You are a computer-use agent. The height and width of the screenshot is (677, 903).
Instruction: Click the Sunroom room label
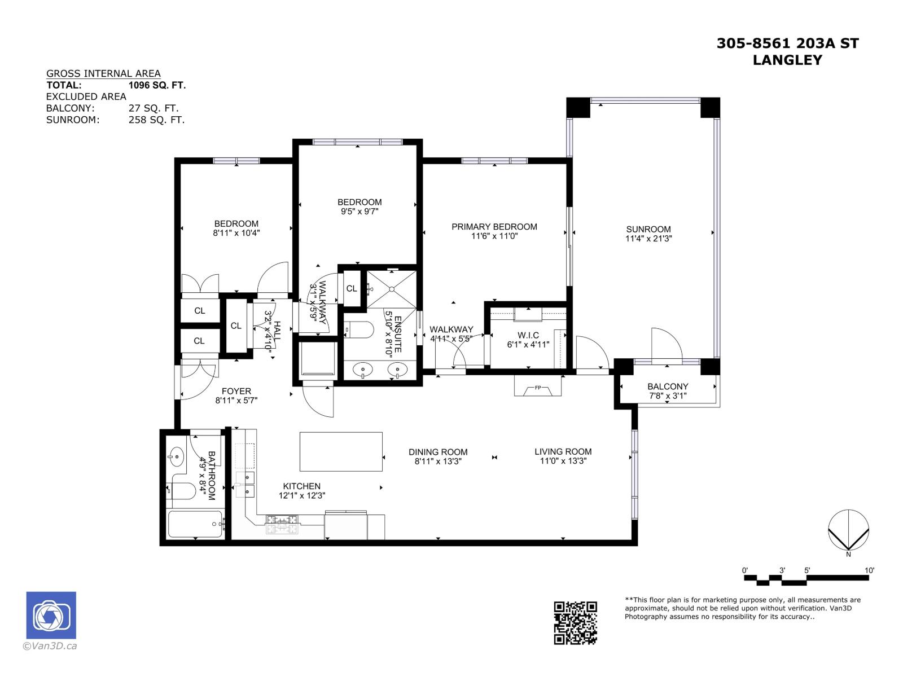(648, 229)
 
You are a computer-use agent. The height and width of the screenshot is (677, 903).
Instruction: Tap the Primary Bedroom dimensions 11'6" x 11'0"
(494, 236)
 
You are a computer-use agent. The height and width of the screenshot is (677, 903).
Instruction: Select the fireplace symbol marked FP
(538, 388)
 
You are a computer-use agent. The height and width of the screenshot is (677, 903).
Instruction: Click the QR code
(575, 623)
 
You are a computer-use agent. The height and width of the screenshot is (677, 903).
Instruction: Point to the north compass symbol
(848, 530)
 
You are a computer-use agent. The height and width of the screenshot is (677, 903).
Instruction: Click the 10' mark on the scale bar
(869, 571)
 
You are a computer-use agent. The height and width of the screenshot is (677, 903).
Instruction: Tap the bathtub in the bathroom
(195, 524)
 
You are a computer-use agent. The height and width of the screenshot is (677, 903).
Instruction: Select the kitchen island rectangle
(341, 451)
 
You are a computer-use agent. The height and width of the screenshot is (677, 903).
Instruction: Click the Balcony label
(668, 386)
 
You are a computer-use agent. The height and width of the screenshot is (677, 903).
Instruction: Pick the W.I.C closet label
(528, 335)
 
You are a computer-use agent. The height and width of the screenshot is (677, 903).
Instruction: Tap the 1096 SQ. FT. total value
(157, 85)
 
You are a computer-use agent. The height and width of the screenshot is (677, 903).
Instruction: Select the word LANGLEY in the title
(787, 60)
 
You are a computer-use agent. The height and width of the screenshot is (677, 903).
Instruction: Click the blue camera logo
(51, 615)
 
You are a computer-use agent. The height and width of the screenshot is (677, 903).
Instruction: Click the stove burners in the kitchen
(282, 524)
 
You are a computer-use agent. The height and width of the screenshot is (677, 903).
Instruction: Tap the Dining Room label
(438, 452)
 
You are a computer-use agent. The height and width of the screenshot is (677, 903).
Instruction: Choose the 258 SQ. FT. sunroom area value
(156, 120)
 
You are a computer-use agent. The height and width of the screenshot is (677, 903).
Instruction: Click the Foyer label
(236, 391)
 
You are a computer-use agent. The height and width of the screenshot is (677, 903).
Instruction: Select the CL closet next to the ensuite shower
(352, 288)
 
